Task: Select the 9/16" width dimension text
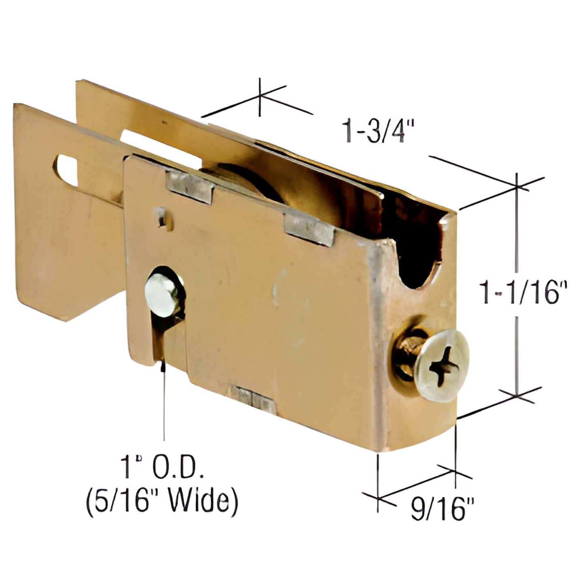[x=442, y=509]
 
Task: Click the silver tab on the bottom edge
[x=255, y=399]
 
